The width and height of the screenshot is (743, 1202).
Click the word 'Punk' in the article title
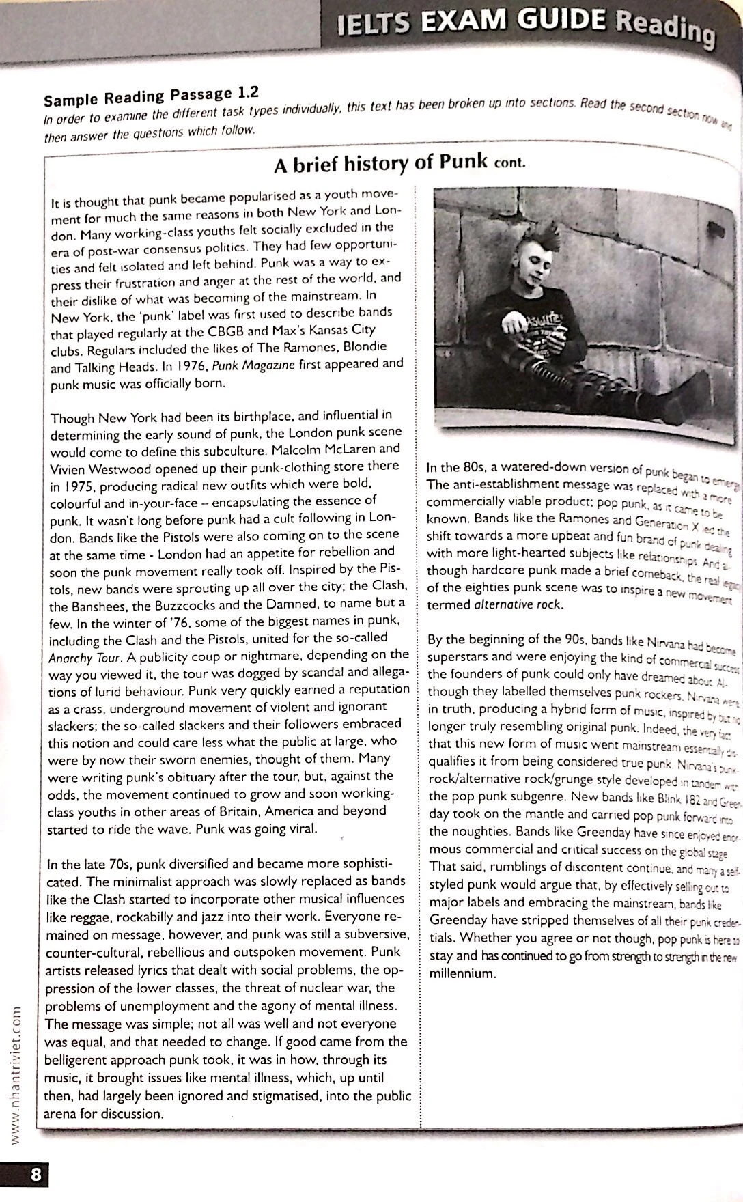[x=463, y=163]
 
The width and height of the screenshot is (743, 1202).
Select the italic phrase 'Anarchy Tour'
[x=85, y=658]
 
